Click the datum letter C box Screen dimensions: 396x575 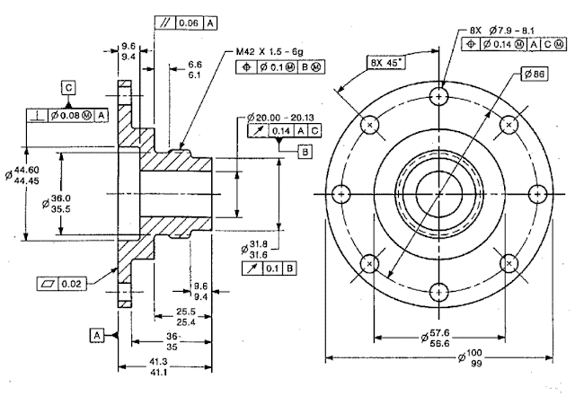coord(68,87)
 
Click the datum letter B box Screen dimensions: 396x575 coord(305,152)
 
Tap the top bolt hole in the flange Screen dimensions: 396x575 coord(439,96)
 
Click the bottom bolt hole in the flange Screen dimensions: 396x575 coord(439,292)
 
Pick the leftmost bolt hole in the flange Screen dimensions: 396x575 coord(341,194)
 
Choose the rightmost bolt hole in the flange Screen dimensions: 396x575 coord(537,194)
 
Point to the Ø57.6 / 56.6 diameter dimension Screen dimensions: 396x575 coord(439,336)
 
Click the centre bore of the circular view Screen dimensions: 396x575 coord(439,194)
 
